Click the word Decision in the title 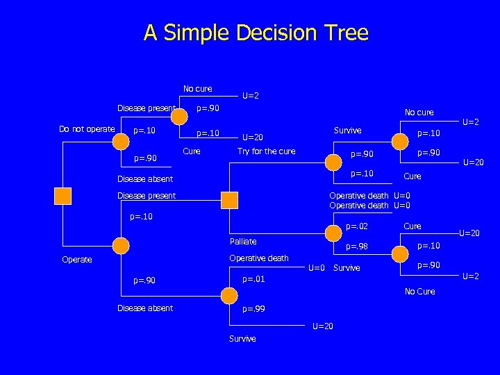tap(279, 33)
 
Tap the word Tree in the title tap(346, 33)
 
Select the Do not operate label tap(87, 128)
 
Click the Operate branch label tap(76, 260)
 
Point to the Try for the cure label tap(266, 151)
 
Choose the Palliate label tap(243, 242)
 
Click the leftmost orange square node tap(63, 196)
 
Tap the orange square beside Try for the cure tap(229, 201)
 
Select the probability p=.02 tap(357, 226)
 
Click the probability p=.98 tap(357, 247)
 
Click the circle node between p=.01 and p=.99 tap(229, 294)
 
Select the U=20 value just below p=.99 tap(323, 326)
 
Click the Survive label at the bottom tap(242, 339)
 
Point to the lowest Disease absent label tap(145, 308)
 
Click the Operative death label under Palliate tap(258, 258)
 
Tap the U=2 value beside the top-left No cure tap(250, 96)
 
